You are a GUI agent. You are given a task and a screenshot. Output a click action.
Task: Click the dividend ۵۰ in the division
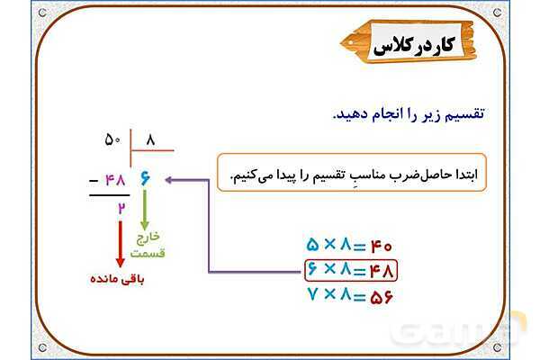tap(112, 140)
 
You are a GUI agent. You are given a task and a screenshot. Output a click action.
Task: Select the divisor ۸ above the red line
tap(150, 140)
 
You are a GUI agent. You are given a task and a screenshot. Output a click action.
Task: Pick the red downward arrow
tap(121, 243)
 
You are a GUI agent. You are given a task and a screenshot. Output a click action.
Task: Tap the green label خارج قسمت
tap(147, 245)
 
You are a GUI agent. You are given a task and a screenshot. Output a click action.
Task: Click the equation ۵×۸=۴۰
tap(350, 245)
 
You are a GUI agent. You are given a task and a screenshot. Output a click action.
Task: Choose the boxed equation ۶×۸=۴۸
tap(350, 269)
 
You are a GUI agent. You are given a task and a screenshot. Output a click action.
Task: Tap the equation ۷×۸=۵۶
tap(350, 294)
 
